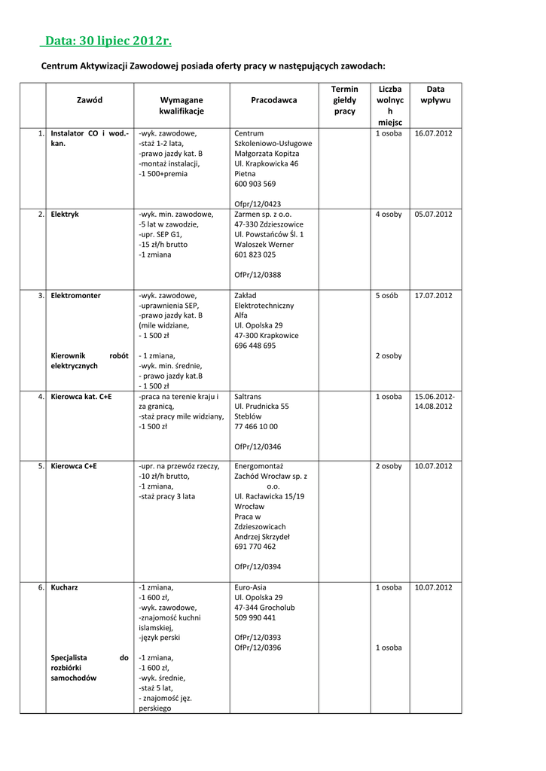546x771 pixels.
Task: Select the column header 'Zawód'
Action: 90,100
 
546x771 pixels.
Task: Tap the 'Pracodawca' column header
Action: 273,100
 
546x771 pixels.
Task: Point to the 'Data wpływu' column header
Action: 435,94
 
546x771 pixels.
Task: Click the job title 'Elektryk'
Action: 65,215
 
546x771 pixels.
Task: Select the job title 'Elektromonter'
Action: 75,296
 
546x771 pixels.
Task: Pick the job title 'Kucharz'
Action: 65,587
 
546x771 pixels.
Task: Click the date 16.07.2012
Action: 433,133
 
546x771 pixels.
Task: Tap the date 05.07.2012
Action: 433,215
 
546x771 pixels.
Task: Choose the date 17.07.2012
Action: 433,296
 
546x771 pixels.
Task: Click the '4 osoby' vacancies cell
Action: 389,215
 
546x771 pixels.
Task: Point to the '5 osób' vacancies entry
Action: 389,296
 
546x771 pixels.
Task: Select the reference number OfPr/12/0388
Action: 258,276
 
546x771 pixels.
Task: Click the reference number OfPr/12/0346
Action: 258,446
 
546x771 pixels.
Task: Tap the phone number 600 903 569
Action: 255,184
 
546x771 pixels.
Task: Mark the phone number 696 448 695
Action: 255,346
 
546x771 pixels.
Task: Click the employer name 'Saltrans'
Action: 249,396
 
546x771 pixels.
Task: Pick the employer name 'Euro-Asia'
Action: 251,587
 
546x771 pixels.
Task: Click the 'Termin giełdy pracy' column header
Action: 344,100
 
